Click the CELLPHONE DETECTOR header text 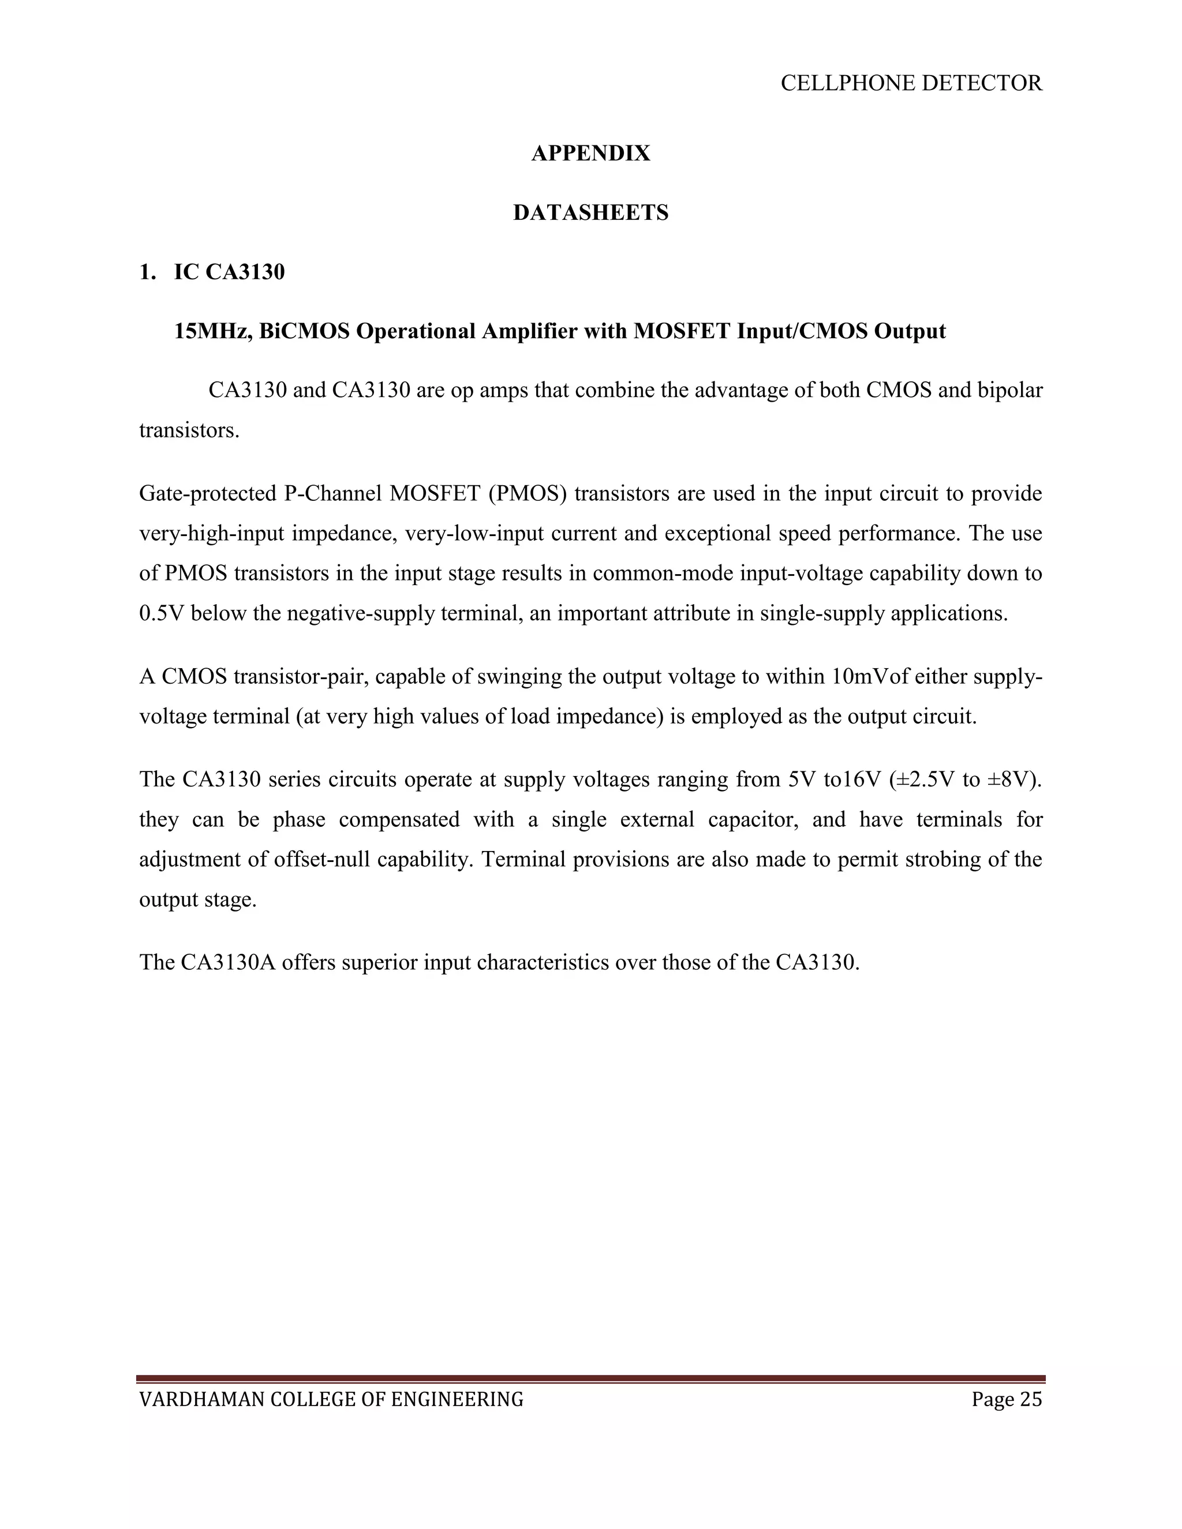pyautogui.click(x=911, y=83)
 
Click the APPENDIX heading pyautogui.click(x=590, y=153)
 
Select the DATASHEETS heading pyautogui.click(x=590, y=212)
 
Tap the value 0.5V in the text pyautogui.click(x=161, y=613)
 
